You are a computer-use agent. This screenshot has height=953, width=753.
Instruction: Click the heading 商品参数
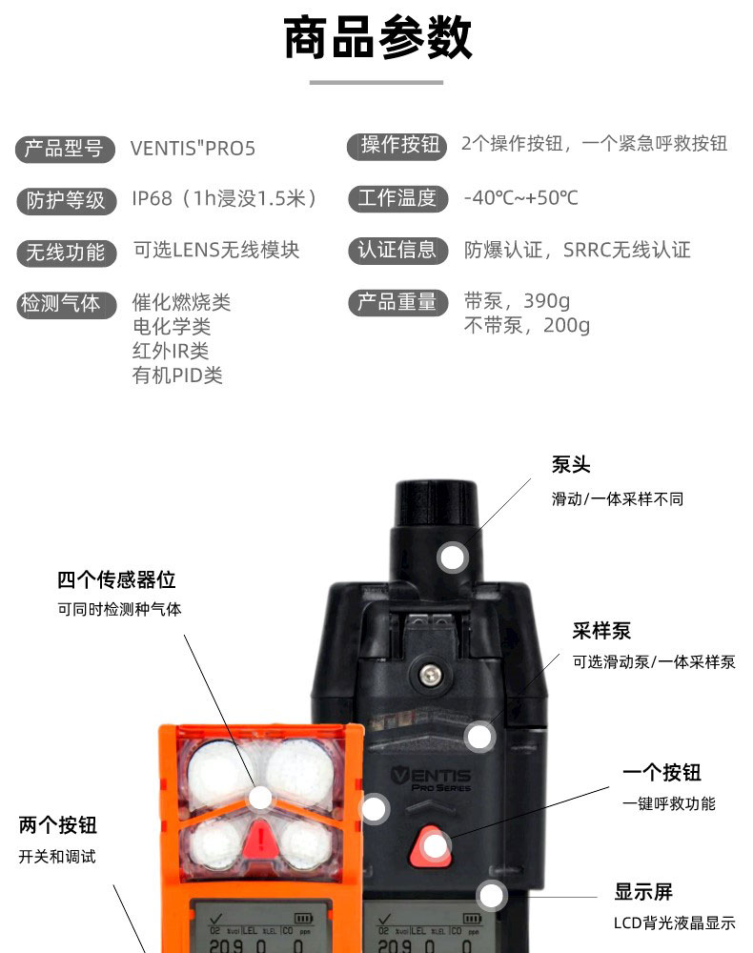coord(377,38)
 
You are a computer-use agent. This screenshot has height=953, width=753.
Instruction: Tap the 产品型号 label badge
coord(65,149)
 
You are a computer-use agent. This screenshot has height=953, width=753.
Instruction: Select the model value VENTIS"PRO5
coord(193,149)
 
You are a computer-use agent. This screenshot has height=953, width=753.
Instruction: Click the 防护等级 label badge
coord(66,200)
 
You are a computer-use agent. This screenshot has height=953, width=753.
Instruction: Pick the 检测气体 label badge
coord(66,304)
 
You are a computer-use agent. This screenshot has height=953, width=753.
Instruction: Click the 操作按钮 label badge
coord(397,146)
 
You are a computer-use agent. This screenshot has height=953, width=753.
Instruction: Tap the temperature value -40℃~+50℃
coord(520,198)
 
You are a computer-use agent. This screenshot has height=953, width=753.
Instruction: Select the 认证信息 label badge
coord(397,251)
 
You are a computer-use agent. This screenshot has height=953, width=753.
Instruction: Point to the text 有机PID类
coord(177,375)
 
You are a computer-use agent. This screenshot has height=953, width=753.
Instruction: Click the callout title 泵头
coord(571,465)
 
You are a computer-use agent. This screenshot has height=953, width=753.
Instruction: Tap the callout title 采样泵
coord(601,631)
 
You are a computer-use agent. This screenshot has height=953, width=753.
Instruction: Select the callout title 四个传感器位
coord(116,579)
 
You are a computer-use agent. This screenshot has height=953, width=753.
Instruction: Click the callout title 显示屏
coord(643,892)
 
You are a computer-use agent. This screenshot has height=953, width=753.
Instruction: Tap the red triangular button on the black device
coord(430,846)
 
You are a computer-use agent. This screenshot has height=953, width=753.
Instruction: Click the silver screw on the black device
coord(431,673)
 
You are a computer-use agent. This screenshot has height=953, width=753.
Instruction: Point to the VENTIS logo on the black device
coord(432,779)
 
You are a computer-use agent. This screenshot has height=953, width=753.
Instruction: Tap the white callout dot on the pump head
coord(452,557)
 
